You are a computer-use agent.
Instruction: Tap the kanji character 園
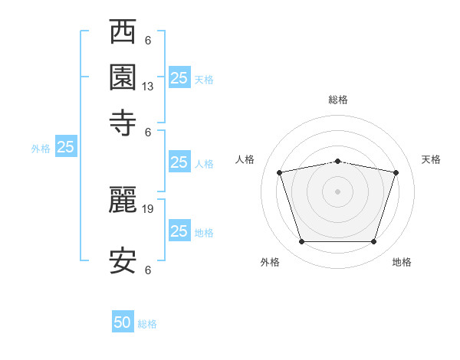[x=123, y=77]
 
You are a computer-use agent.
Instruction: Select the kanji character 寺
[x=123, y=123]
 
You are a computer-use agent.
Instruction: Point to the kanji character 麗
[x=123, y=199]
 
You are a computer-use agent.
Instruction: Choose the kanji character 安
[x=123, y=260]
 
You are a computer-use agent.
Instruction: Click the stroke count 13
[x=148, y=87]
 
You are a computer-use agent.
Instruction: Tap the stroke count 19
[x=148, y=208]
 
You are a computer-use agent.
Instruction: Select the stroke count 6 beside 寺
[x=148, y=131]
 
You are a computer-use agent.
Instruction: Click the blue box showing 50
[x=123, y=322]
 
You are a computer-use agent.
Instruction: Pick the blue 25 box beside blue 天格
[x=179, y=77]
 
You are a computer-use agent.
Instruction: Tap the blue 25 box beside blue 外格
[x=66, y=147]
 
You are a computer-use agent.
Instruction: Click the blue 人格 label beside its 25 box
[x=204, y=163]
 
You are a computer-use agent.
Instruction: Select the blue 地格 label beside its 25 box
[x=204, y=232]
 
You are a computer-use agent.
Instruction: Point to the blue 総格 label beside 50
[x=147, y=324]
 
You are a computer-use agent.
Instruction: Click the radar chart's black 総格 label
[x=338, y=100]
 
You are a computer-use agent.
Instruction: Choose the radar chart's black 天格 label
[x=432, y=159]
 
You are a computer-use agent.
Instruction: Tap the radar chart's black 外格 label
[x=270, y=263]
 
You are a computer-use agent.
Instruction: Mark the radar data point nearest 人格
[x=280, y=172]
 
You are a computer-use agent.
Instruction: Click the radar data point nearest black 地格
[x=374, y=242]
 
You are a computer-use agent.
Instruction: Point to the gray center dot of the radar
[x=338, y=191]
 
